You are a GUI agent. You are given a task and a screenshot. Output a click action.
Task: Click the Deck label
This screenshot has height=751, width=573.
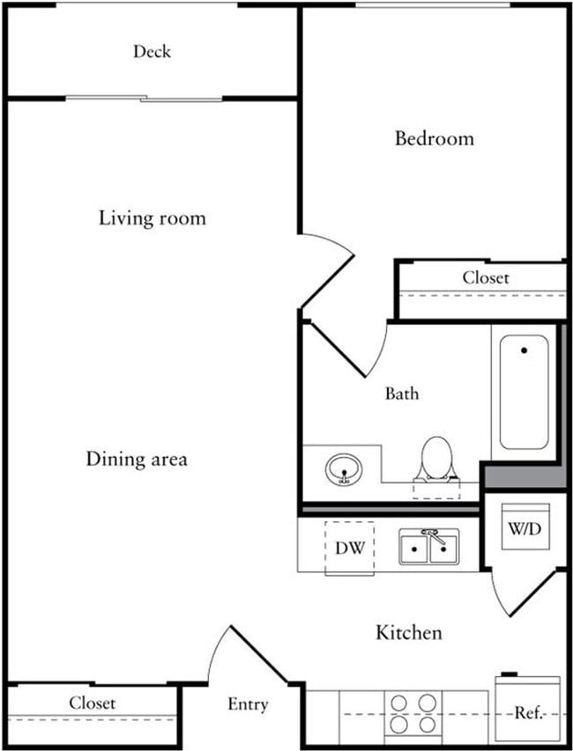coord(152,52)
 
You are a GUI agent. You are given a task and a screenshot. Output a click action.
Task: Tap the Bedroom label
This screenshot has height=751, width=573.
coord(434,138)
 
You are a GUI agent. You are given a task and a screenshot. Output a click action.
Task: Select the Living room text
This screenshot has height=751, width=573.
coord(152,217)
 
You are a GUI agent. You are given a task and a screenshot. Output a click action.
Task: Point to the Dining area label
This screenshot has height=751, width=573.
coord(137,459)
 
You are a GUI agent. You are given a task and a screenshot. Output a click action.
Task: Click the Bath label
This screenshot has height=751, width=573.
coord(401,394)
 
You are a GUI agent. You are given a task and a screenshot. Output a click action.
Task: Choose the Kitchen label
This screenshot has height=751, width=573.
coord(409,632)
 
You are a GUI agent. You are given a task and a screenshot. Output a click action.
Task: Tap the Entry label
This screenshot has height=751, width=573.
coord(248,704)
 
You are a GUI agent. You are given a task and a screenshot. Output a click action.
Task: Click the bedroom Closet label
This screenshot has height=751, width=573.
coord(486,277)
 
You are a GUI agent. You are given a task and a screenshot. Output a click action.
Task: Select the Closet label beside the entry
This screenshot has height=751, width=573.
coord(93,703)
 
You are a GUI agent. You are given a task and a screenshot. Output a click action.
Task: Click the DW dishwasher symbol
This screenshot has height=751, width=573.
coord(349,548)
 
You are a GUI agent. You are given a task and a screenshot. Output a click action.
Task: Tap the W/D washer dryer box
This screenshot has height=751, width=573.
coord(526,528)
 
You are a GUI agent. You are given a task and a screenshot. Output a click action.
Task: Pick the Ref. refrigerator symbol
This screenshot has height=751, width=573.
coord(527,711)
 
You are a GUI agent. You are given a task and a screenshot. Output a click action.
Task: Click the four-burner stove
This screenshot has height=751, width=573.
coord(413,713)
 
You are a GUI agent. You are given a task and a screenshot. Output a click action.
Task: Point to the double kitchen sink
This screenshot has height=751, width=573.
coord(429,549)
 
